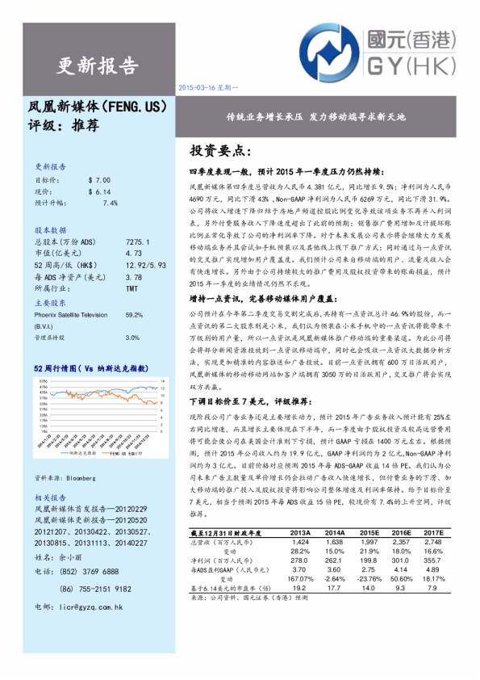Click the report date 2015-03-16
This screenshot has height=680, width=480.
point(194,86)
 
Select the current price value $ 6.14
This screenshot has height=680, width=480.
point(99,191)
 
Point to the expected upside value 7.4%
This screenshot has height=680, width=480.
point(110,203)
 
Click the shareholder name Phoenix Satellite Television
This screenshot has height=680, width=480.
point(71,315)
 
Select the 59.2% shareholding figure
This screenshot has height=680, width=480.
point(134,315)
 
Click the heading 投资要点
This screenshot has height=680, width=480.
point(221,151)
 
